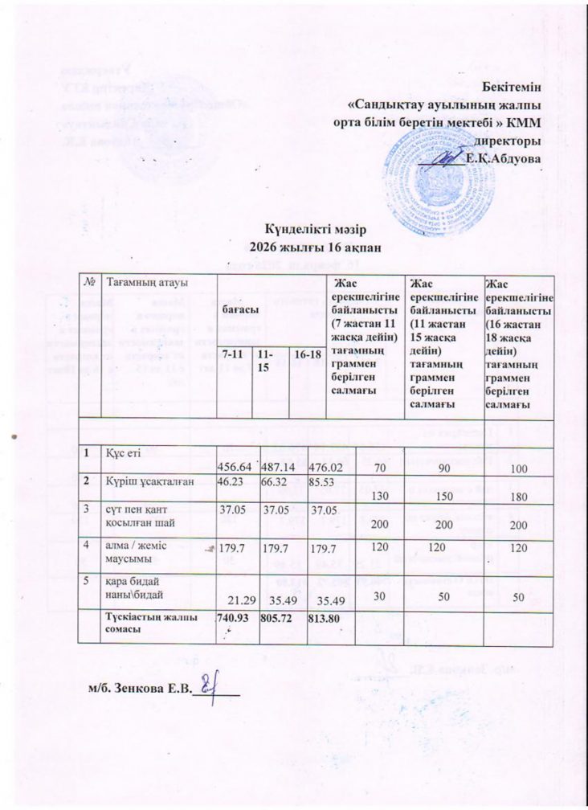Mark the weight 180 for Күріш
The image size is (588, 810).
point(518,497)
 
